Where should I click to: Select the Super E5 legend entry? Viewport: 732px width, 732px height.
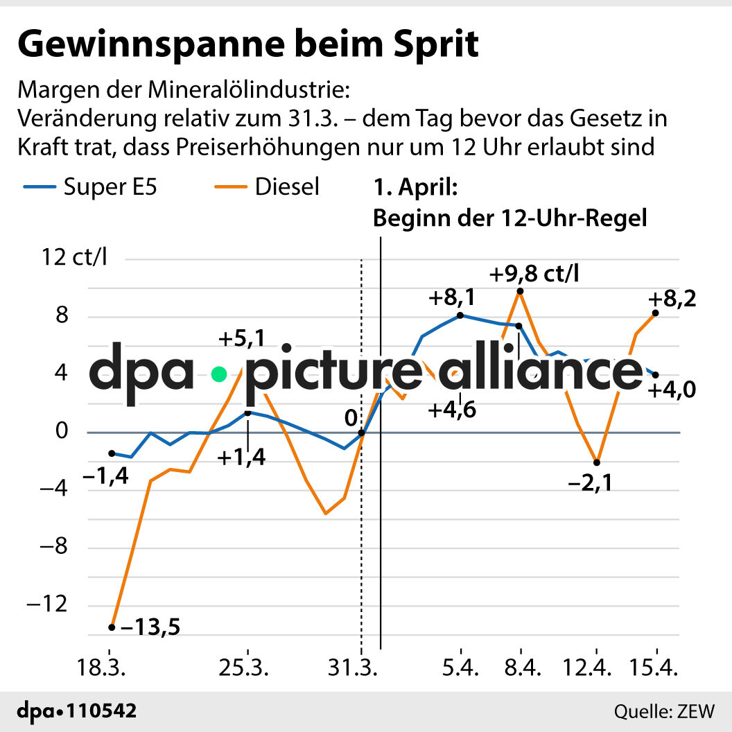[90, 186]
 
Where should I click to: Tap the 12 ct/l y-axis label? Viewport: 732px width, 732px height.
[74, 258]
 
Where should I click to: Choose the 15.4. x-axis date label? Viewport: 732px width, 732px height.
[654, 671]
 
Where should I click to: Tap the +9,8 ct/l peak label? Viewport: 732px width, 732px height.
[534, 274]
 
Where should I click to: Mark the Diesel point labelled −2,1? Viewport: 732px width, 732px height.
[597, 462]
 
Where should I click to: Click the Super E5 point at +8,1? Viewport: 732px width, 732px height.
[460, 315]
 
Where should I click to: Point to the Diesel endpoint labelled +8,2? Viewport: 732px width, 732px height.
[656, 313]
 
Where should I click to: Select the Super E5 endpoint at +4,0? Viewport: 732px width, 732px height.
[656, 375]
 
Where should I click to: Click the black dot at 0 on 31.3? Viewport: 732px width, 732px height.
[361, 433]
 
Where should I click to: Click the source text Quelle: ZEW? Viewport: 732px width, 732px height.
[664, 711]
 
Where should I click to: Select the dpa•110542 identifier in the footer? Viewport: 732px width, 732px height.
[77, 711]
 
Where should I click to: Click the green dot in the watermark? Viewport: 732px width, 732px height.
[220, 374]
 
